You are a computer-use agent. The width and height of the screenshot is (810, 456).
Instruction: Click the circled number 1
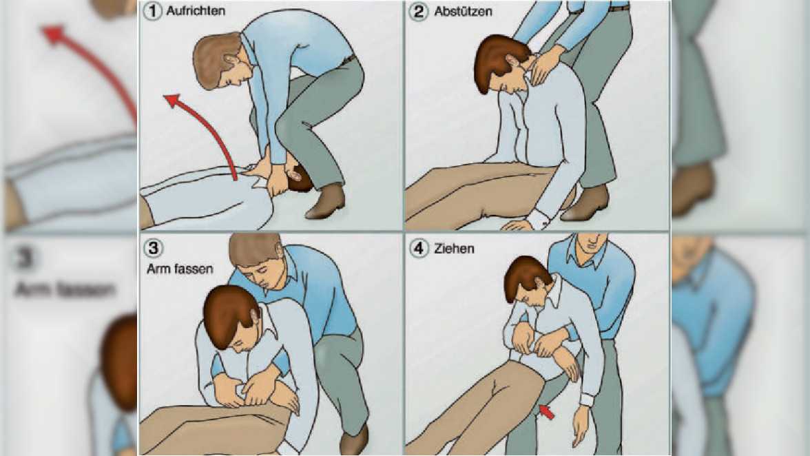click(x=152, y=11)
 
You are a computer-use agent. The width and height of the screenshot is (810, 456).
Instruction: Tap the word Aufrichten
click(x=196, y=11)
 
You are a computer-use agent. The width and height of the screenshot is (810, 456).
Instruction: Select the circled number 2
click(x=419, y=11)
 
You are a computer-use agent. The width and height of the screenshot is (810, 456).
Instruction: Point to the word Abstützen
click(x=463, y=11)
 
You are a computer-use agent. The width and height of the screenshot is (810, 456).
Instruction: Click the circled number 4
click(x=419, y=249)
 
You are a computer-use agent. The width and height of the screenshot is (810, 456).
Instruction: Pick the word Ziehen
click(x=454, y=249)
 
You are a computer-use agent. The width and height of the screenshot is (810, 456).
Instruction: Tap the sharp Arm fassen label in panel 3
click(x=180, y=269)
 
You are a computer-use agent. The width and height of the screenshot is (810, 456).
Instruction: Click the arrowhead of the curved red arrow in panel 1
click(x=172, y=101)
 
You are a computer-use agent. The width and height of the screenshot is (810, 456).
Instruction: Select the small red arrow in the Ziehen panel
click(x=547, y=412)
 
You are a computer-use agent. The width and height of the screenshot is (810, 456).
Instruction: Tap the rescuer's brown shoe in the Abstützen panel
click(x=586, y=203)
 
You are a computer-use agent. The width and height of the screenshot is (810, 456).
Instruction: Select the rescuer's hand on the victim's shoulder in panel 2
click(x=543, y=65)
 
